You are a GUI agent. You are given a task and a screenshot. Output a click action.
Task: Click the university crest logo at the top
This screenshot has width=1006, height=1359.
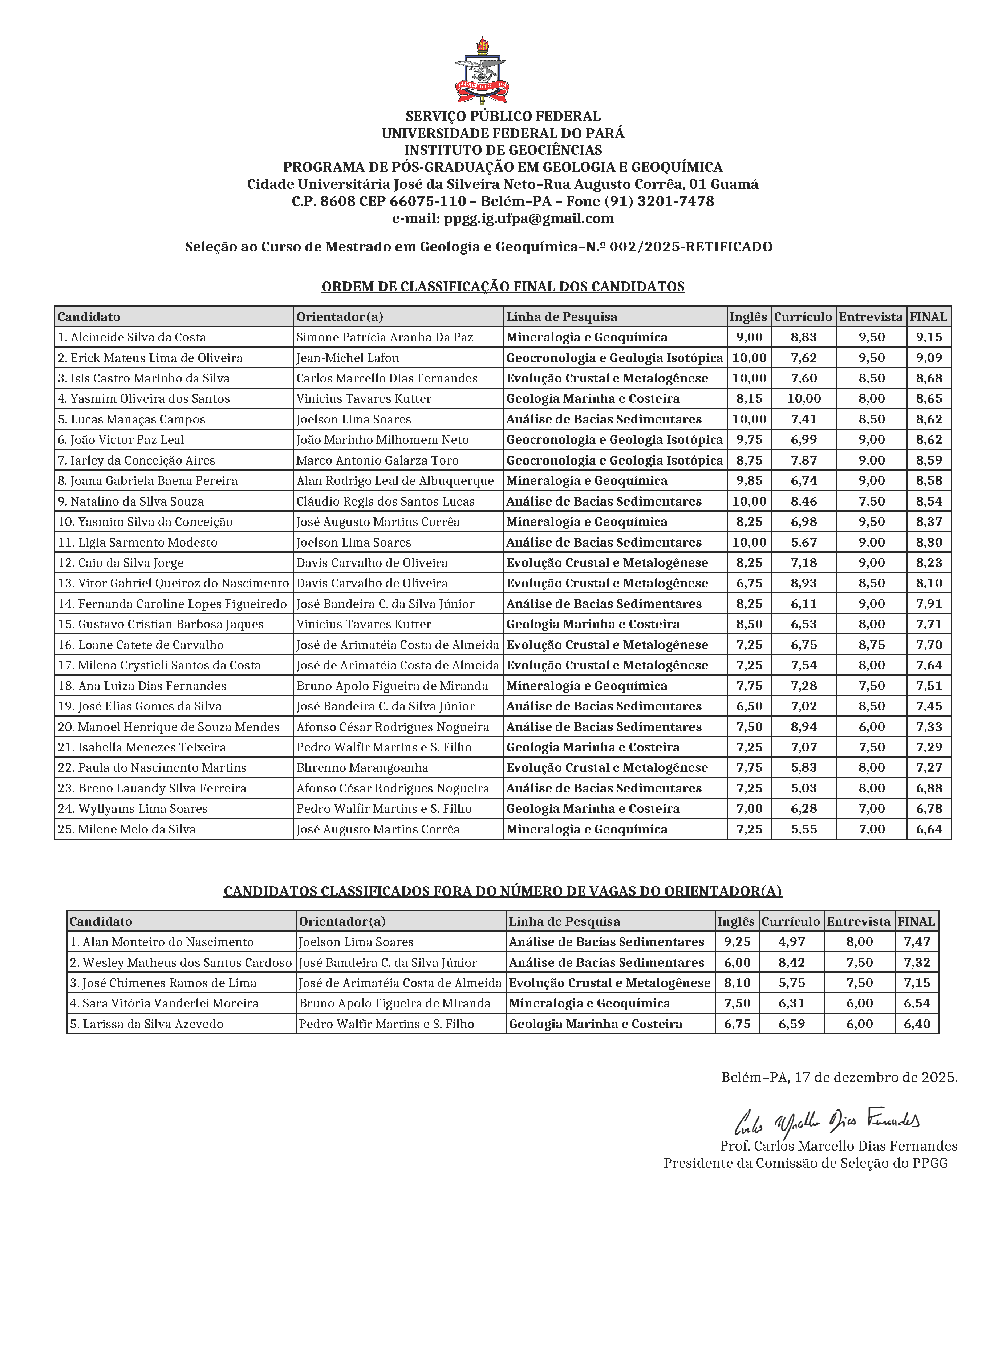482,71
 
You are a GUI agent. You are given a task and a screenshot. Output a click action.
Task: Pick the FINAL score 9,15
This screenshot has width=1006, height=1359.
929,337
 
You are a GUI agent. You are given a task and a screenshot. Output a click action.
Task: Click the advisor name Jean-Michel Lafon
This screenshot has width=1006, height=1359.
348,358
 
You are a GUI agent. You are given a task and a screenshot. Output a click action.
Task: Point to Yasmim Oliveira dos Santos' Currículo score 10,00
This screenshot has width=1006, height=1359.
803,399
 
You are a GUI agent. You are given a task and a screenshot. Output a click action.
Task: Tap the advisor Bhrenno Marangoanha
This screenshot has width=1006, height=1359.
362,768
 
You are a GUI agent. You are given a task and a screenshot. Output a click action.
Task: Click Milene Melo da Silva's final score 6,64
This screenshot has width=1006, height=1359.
929,829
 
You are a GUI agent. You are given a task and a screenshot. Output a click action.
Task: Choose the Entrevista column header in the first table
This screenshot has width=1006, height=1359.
871,317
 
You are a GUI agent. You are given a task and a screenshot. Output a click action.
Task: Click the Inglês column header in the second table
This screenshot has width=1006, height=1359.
736,922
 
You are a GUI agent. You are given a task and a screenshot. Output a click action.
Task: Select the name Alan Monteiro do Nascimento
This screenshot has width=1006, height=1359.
168,942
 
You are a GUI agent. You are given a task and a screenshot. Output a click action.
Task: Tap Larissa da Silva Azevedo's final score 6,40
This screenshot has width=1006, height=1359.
917,1024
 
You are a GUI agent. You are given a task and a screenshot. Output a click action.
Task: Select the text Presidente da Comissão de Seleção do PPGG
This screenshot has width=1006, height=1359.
805,1163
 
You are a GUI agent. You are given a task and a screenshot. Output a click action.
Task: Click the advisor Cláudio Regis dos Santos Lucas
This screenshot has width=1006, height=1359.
385,502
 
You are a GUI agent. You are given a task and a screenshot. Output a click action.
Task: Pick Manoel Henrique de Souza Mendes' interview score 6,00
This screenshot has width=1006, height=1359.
871,727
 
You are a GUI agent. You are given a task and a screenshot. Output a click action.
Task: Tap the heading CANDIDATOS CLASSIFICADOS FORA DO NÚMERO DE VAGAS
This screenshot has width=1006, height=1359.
503,891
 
